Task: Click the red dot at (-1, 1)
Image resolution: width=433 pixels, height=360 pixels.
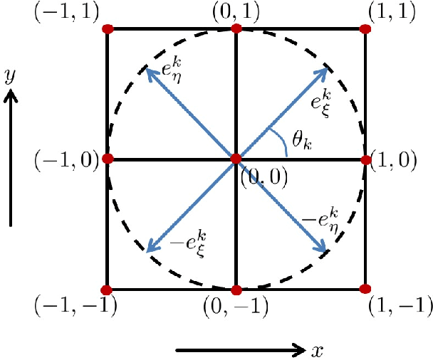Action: pos(108,29)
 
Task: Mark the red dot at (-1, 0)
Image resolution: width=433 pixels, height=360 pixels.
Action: pos(108,159)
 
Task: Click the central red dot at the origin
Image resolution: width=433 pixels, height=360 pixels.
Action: pos(236,159)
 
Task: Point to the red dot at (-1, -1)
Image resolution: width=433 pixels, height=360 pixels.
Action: pos(107,290)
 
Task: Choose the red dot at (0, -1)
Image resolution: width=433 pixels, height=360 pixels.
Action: pos(236,290)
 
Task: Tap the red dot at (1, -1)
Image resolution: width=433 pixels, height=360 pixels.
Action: pos(365,289)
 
